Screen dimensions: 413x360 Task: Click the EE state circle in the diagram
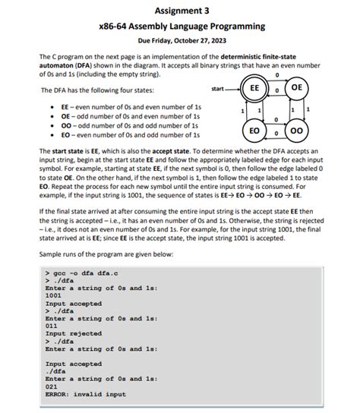257,88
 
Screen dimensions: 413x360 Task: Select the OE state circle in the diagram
298,88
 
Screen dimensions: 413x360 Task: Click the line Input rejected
74,333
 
